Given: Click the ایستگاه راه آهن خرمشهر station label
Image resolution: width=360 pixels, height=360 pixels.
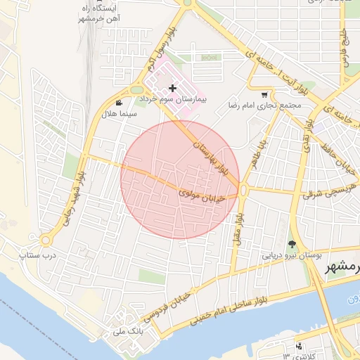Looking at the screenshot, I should point(101,13).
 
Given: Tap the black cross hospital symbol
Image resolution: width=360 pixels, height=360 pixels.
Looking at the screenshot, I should point(173,89).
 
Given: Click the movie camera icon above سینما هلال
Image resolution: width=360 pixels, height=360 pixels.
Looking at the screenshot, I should point(128,102).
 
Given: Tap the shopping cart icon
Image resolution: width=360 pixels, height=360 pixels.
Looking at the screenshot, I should point(264,95).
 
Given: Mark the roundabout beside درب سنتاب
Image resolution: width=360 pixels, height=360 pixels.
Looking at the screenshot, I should point(46,240).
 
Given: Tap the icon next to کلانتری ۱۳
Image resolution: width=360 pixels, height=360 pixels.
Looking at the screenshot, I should point(300,345).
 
